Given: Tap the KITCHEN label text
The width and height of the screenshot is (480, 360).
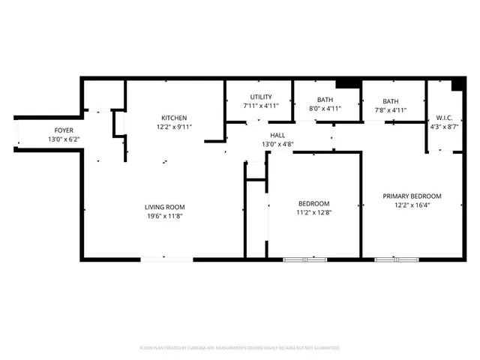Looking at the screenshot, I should [174, 118].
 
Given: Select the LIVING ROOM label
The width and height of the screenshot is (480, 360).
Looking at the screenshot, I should [165, 207].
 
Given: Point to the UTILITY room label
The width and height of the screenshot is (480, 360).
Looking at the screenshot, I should [261, 97].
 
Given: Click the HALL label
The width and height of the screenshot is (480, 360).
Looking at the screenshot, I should [277, 135].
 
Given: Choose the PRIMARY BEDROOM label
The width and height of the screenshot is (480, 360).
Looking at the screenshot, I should [412, 196].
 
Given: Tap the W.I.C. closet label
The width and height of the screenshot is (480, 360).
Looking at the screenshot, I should [442, 118].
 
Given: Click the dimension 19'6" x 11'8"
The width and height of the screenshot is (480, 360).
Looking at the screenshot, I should [165, 216].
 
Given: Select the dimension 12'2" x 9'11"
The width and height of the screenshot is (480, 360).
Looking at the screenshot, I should [174, 127].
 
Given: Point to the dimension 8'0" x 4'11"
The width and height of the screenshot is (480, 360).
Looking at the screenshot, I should [325, 109].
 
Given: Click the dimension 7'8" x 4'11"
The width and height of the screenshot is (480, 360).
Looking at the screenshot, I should [390, 110].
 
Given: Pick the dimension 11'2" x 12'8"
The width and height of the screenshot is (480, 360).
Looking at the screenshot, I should [313, 212].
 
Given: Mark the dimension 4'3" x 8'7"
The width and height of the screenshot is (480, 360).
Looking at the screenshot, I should [442, 127].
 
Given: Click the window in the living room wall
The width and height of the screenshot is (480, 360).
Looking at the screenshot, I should [166, 259].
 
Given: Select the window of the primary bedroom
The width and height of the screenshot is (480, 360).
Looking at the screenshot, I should [396, 259].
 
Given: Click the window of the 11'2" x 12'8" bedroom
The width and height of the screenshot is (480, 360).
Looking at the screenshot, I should [305, 259].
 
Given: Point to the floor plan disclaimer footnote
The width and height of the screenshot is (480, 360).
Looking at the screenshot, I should [240, 348].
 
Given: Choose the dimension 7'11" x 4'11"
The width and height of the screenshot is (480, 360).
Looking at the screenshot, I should [261, 106].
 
